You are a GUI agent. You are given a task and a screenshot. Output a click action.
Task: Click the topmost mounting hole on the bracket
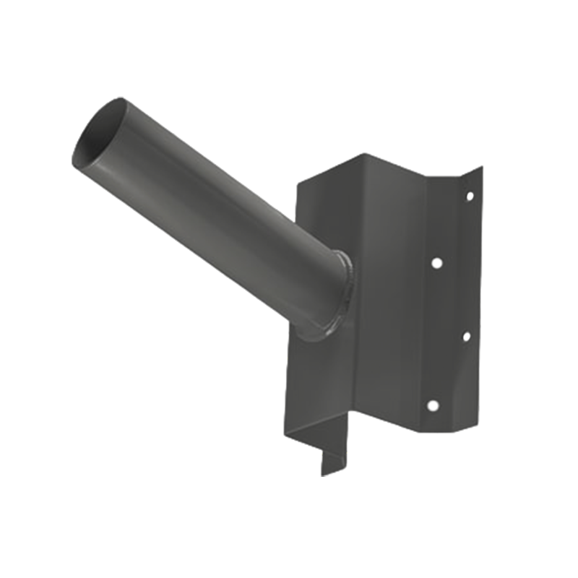470,195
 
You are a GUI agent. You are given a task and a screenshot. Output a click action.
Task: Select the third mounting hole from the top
466,336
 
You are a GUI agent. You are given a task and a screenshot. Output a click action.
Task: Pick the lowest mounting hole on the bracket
432,405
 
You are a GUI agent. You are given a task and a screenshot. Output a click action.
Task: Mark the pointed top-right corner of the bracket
480,169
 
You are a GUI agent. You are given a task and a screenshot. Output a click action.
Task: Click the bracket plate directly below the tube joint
318,383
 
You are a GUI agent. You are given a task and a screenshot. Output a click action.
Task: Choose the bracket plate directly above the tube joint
325,217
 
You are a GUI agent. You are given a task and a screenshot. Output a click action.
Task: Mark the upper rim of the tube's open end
108,103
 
